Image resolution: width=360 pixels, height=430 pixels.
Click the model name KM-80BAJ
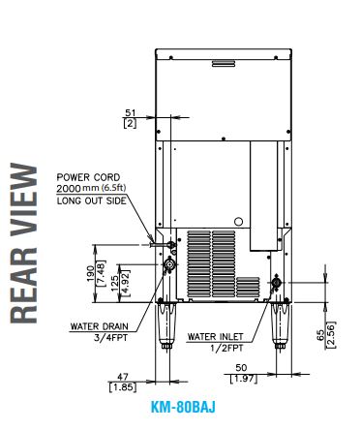pyautogui.click(x=183, y=407)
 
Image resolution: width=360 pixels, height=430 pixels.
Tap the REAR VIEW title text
pyautogui.click(x=23, y=243)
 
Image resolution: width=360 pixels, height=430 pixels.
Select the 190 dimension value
pyautogui.click(x=91, y=273)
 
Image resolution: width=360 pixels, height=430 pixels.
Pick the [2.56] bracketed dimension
pyautogui.click(x=331, y=335)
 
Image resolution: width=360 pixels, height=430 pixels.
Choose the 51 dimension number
pyautogui.click(x=131, y=113)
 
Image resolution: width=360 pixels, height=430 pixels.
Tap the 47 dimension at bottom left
pyautogui.click(x=123, y=377)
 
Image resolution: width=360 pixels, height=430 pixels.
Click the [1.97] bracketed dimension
pyautogui.click(x=244, y=378)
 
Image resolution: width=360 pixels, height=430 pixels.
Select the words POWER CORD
pyautogui.click(x=88, y=177)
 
